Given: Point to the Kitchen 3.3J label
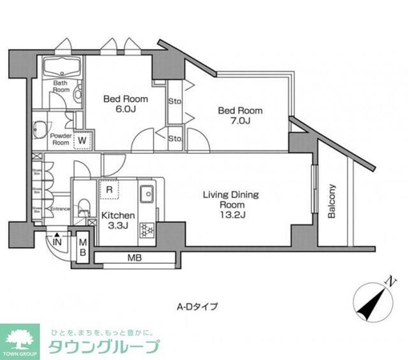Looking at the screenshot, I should tap(116, 220).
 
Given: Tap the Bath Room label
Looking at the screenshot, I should tap(61, 86).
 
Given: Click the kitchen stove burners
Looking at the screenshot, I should tap(146, 230).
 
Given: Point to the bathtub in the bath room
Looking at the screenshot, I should tap(62, 67).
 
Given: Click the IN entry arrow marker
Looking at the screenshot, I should tap(57, 241).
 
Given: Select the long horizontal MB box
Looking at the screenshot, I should tap(135, 259).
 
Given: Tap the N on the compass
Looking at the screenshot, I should tap(388, 281).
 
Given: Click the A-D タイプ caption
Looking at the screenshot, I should tap(196, 305).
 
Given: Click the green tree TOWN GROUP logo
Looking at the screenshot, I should tap(24, 341).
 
